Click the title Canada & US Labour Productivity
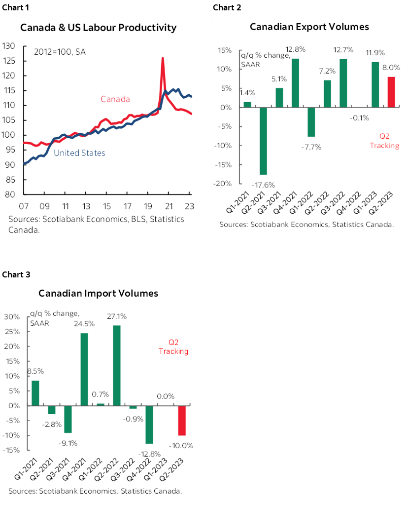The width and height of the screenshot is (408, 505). click(x=98, y=28)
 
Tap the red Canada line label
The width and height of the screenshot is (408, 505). click(x=115, y=99)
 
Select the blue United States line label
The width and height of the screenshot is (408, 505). click(x=79, y=153)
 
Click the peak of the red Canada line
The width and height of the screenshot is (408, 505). click(x=163, y=59)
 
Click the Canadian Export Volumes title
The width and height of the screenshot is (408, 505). click(x=309, y=27)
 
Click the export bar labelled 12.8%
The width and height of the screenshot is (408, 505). click(x=296, y=83)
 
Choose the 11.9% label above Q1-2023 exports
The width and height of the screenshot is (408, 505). click(x=375, y=53)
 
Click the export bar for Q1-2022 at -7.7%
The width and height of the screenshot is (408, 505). click(x=312, y=122)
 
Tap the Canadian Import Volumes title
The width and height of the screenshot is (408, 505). click(x=99, y=293)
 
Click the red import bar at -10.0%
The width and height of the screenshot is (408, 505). click(x=182, y=420)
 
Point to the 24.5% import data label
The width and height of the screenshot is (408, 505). click(x=85, y=324)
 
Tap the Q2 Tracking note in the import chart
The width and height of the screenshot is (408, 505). click(x=173, y=347)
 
